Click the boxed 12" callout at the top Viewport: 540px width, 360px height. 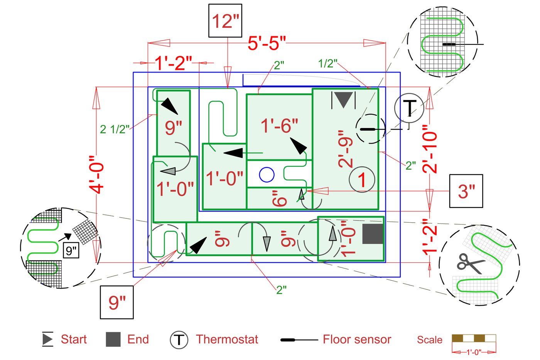[225, 21]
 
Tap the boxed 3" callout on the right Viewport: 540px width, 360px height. [466, 191]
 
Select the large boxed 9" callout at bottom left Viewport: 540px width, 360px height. [117, 303]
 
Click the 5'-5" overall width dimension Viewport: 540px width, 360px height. [267, 43]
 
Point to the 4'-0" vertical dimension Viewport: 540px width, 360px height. [97, 174]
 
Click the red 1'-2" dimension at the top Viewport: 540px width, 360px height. [174, 63]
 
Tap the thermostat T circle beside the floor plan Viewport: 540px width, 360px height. [409, 108]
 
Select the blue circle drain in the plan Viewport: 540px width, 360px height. [267, 175]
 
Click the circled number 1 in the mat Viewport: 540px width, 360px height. [362, 180]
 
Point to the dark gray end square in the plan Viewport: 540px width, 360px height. [373, 234]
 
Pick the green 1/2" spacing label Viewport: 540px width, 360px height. [328, 64]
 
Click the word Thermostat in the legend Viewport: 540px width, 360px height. [227, 340]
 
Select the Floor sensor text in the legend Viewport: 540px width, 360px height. [357, 340]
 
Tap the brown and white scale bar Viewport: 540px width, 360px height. [474, 338]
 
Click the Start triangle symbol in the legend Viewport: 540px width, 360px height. [47, 339]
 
